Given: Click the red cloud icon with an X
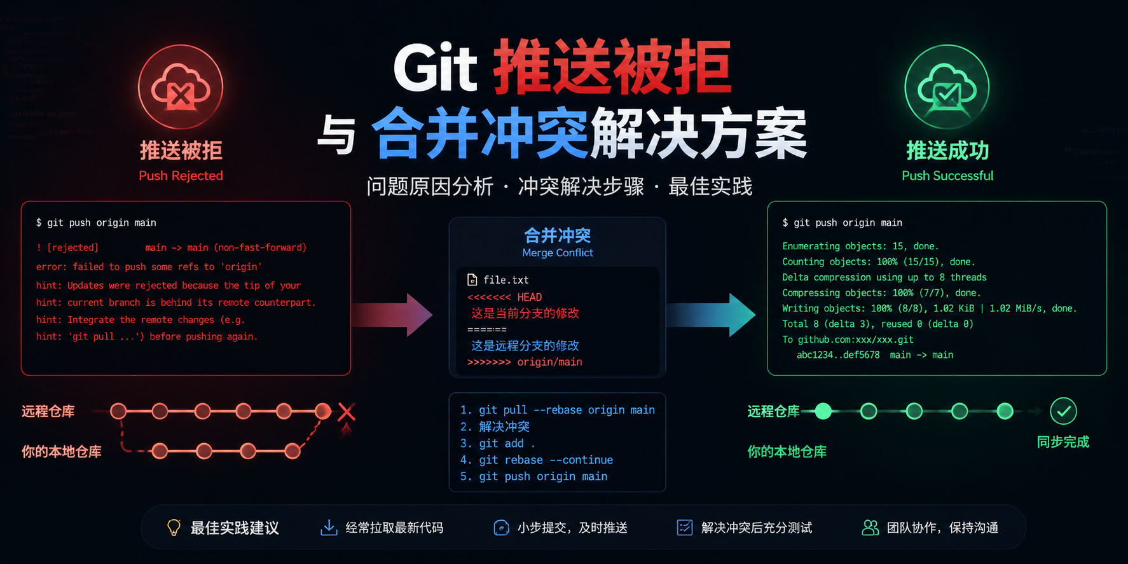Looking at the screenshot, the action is click(x=181, y=87).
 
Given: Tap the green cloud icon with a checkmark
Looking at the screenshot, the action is click(x=947, y=87).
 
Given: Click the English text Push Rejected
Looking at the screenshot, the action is click(x=181, y=175).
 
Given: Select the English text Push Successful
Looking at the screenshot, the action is click(x=947, y=175).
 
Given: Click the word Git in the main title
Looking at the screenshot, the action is click(x=435, y=68).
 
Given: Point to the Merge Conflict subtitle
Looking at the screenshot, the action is click(x=558, y=252).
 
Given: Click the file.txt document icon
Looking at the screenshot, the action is click(x=472, y=280).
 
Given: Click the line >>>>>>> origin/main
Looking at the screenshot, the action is click(x=525, y=362).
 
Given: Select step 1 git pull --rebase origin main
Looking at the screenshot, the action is click(x=558, y=410).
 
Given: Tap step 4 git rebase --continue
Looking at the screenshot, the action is click(x=537, y=460).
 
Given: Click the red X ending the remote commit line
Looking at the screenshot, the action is click(x=347, y=411).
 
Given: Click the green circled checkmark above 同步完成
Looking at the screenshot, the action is click(x=1063, y=411).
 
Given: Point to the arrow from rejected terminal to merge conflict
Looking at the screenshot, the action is click(x=392, y=315).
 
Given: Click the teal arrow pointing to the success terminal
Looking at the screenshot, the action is click(x=711, y=315).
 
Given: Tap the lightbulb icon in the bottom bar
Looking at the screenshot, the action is click(x=174, y=527).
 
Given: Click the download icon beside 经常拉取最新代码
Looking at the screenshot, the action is click(x=329, y=527).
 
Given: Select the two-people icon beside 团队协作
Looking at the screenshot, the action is click(x=870, y=527).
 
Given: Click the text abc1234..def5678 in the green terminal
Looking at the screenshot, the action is click(x=838, y=355).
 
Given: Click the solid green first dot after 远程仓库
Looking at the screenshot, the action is click(x=823, y=411).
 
